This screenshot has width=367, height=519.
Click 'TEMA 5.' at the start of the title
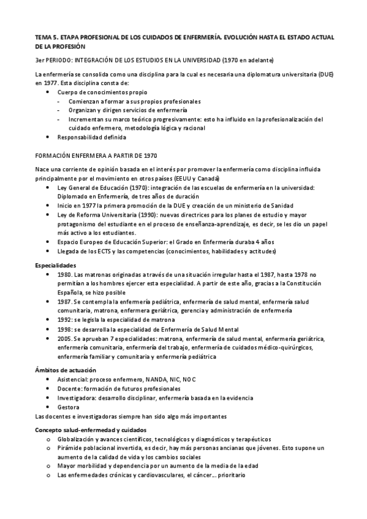45,37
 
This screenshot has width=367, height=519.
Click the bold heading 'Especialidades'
56,266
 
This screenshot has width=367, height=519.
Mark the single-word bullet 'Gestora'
68,406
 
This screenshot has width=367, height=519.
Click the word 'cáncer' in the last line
206,475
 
